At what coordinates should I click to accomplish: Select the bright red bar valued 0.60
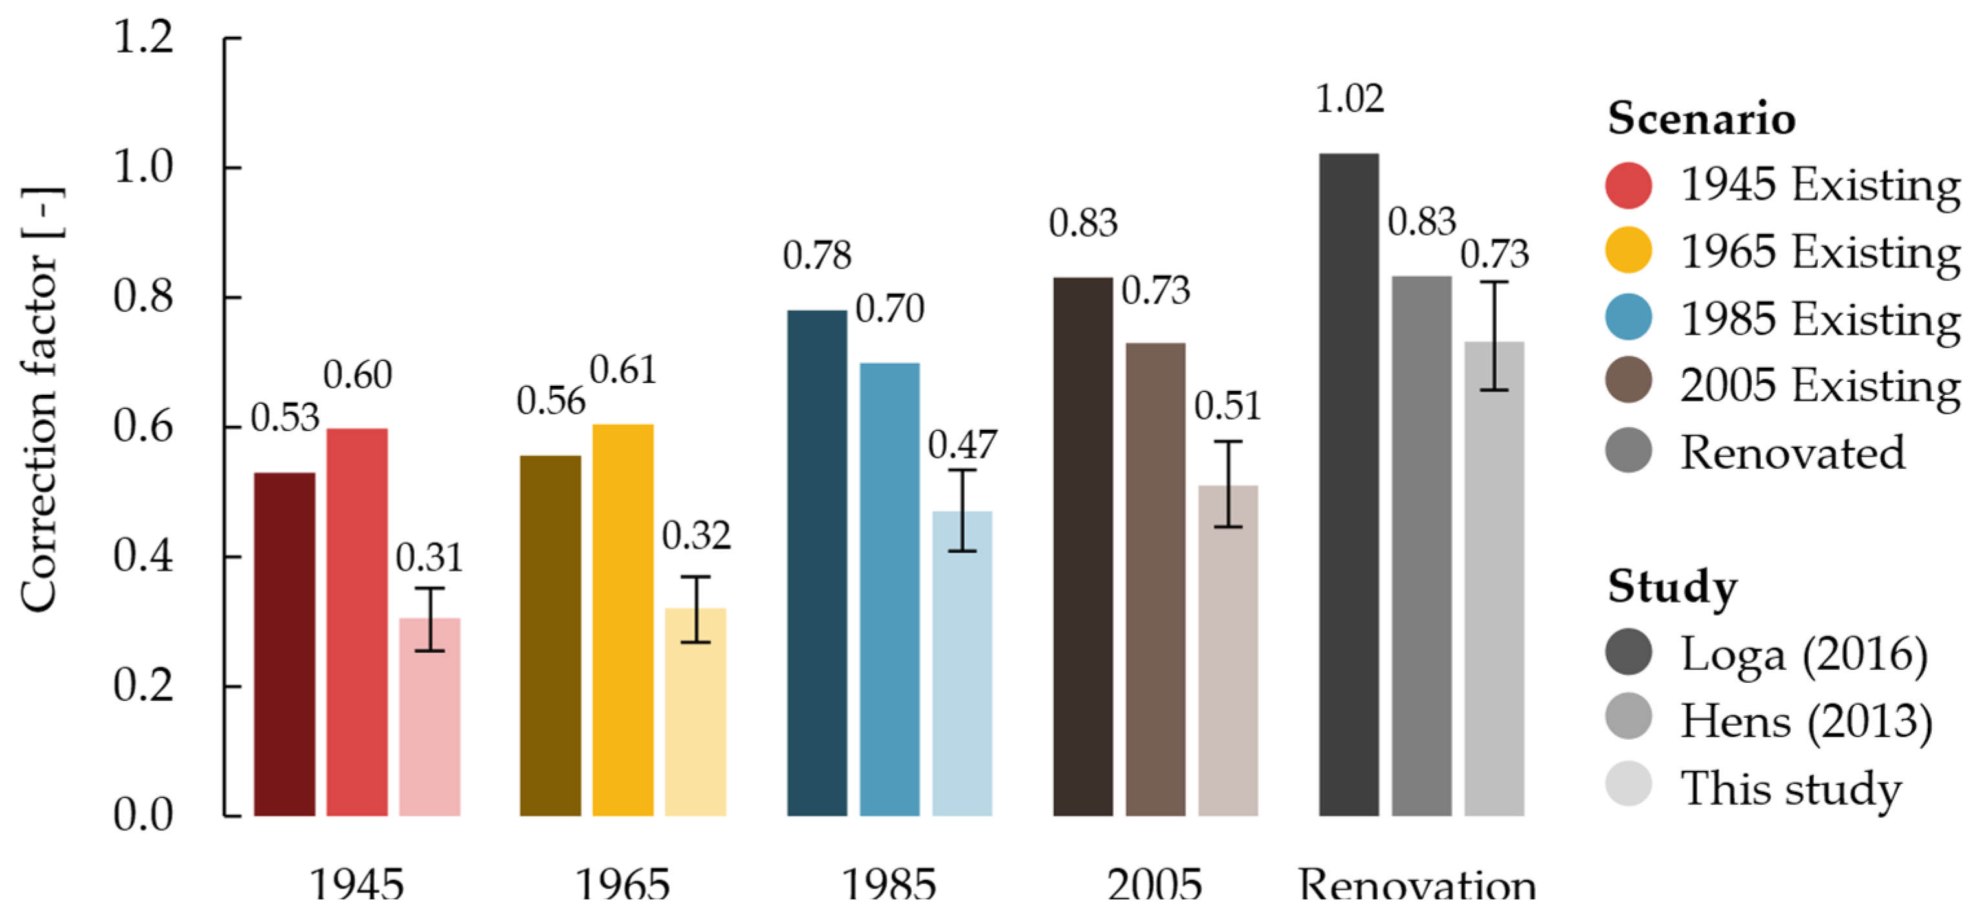tap(357, 622)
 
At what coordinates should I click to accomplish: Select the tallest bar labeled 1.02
tap(1349, 484)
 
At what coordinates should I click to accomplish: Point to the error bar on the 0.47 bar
tap(962, 511)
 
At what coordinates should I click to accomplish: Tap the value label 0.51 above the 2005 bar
tap(1227, 405)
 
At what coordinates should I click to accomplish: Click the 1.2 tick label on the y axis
tap(143, 37)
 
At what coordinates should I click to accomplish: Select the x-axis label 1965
tap(623, 885)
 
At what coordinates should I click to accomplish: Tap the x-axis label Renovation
tap(1417, 885)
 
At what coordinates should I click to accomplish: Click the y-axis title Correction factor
tap(40, 399)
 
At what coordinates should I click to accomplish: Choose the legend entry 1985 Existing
tap(1819, 318)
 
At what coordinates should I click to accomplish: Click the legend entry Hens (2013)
tap(1805, 720)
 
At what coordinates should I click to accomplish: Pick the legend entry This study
tap(1790, 787)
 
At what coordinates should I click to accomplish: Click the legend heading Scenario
tap(1701, 118)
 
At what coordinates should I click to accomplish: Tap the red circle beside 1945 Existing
tap(1628, 185)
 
